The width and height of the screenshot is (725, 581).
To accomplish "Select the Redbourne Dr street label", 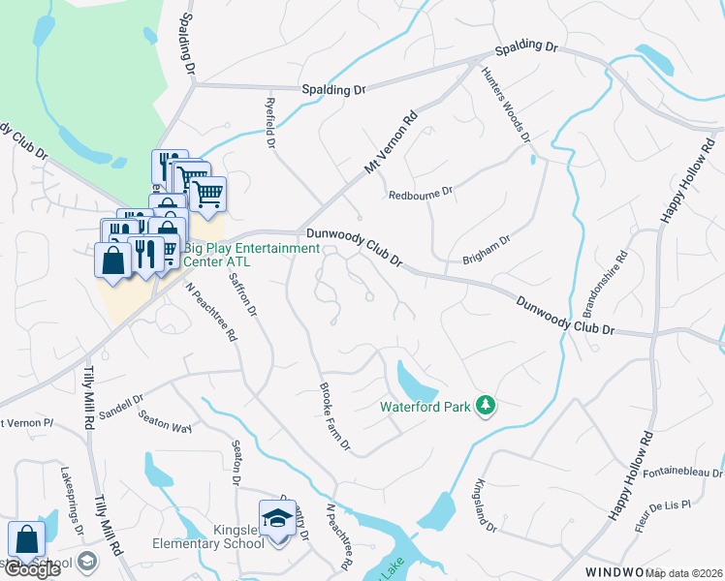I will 421,193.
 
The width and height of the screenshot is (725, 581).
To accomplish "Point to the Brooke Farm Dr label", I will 335,417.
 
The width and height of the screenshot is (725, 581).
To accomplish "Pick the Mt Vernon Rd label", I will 391,141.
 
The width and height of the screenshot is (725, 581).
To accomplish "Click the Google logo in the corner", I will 32,569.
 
